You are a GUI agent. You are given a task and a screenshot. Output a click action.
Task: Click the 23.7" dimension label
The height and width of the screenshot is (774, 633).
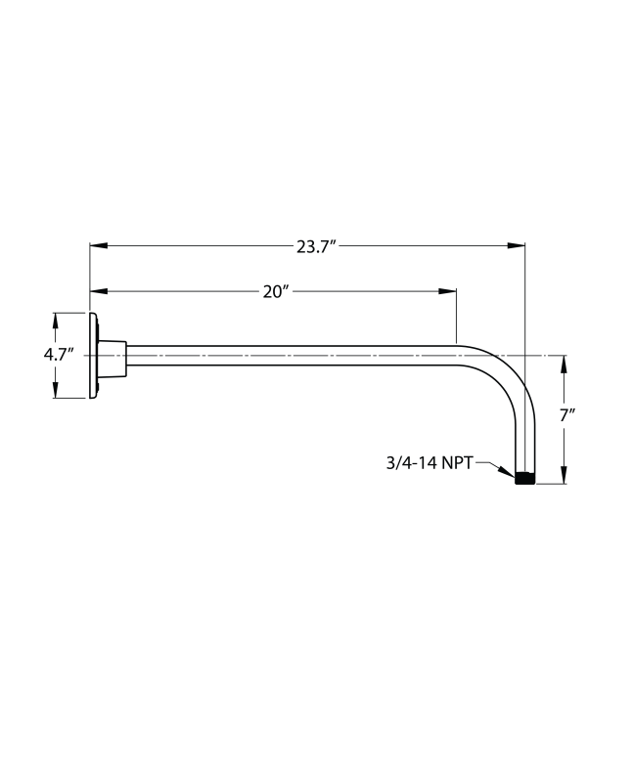316,246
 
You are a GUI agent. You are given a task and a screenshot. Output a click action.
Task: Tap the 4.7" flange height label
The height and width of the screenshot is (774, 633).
59,355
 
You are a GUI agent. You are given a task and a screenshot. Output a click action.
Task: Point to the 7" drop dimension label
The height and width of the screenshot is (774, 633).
566,415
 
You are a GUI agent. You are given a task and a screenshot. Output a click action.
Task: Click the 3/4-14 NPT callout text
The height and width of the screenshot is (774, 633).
430,462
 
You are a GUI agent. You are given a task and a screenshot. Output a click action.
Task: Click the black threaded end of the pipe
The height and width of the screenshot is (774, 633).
525,479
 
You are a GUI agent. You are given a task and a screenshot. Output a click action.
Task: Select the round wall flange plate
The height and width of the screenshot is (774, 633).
94,356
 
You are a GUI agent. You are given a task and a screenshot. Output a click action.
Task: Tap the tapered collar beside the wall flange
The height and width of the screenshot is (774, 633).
113,357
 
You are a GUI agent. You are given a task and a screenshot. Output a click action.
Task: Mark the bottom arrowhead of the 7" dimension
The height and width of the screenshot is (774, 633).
565,476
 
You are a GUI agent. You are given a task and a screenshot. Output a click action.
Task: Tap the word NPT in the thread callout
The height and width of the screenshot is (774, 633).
456,462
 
